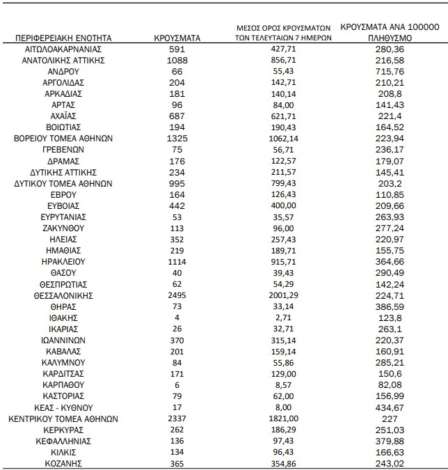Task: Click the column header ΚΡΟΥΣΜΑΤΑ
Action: (177, 38)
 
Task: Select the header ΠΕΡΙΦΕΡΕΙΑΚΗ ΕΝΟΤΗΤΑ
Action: (63, 38)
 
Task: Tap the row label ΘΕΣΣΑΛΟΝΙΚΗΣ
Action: (63, 295)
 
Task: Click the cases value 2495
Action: (177, 295)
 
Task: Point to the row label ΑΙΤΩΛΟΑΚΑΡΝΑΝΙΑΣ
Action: (63, 49)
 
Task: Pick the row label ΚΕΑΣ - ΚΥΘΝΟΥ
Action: (63, 407)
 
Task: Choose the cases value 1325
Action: (177, 139)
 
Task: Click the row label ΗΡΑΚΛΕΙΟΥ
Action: (63, 262)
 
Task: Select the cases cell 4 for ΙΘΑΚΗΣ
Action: (177, 318)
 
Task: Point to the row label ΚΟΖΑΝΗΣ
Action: (63, 463)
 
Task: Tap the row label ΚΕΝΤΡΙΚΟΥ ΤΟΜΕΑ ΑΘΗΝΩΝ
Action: (63, 418)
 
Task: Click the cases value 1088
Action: (177, 61)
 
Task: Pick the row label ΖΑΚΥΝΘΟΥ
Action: (63, 228)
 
